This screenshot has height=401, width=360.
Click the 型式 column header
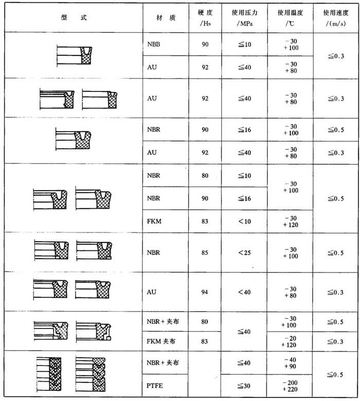click(73, 17)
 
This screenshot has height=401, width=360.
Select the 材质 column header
click(166, 17)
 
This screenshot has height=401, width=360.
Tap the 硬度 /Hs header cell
click(205, 17)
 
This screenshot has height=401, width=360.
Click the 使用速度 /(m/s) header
click(334, 17)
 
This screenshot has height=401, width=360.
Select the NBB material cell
click(154, 45)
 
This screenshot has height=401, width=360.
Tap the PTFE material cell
click(155, 383)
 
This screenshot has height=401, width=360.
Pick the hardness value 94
click(205, 292)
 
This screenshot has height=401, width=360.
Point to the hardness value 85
click(205, 252)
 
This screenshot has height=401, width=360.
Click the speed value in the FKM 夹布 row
click(334, 341)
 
